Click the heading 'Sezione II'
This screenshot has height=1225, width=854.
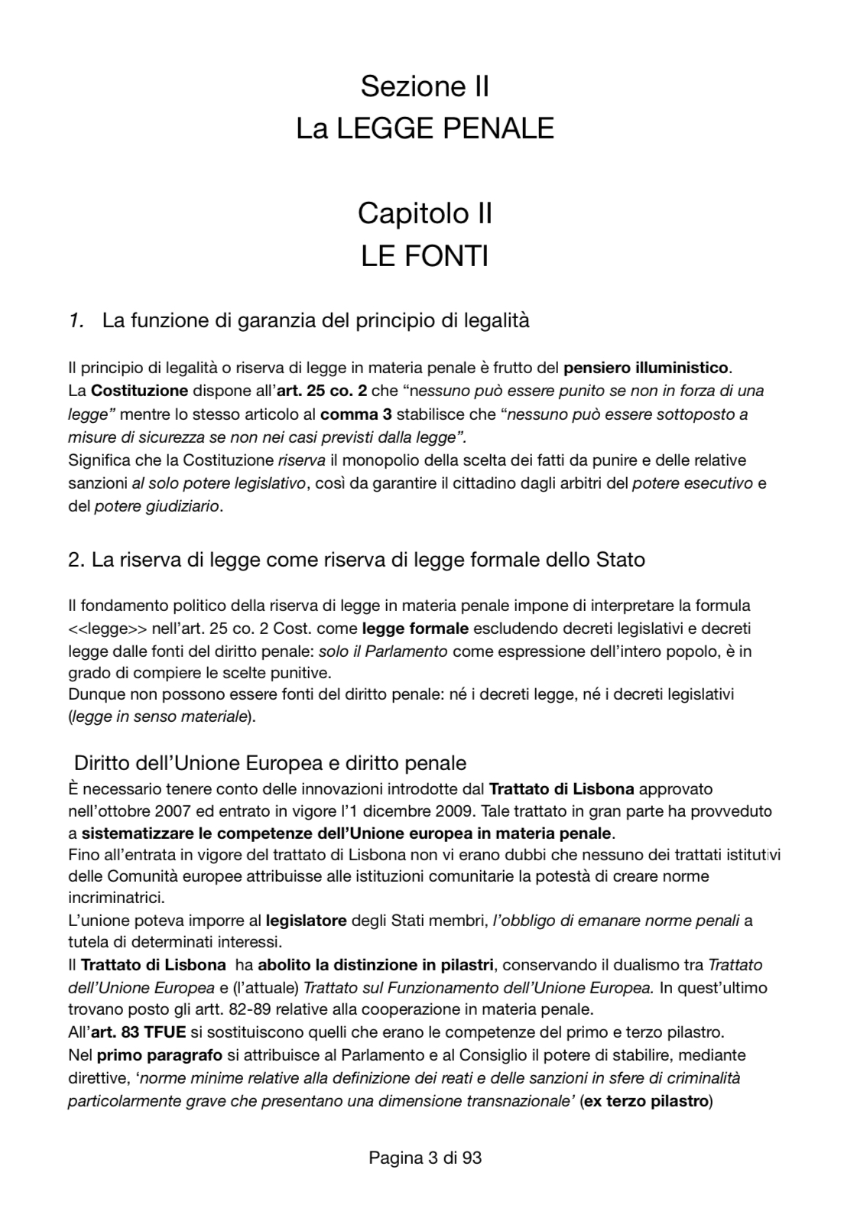point(424,86)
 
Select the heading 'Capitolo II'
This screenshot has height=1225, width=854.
point(424,213)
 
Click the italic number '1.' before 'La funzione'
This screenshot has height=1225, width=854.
point(76,320)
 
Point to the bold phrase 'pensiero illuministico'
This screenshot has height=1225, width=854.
point(647,368)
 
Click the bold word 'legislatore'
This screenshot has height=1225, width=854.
point(306,920)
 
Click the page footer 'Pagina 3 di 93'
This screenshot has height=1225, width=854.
point(425,1158)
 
